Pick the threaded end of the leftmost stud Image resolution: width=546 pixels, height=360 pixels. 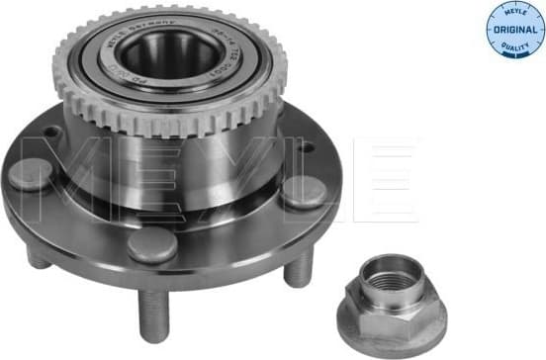point(37,259)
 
